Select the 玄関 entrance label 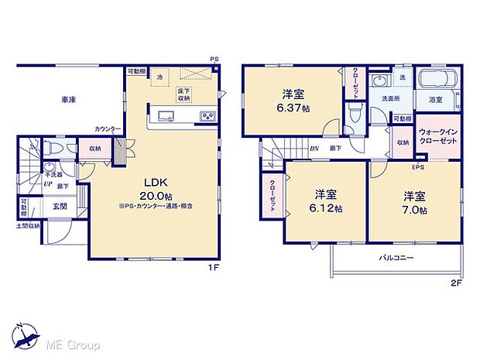[x=60, y=205]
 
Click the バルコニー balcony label [x=396, y=257]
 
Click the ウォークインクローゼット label [x=439, y=137]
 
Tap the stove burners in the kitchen [x=208, y=116]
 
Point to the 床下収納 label [x=183, y=94]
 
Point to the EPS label [x=417, y=167]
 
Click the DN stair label [x=315, y=149]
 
